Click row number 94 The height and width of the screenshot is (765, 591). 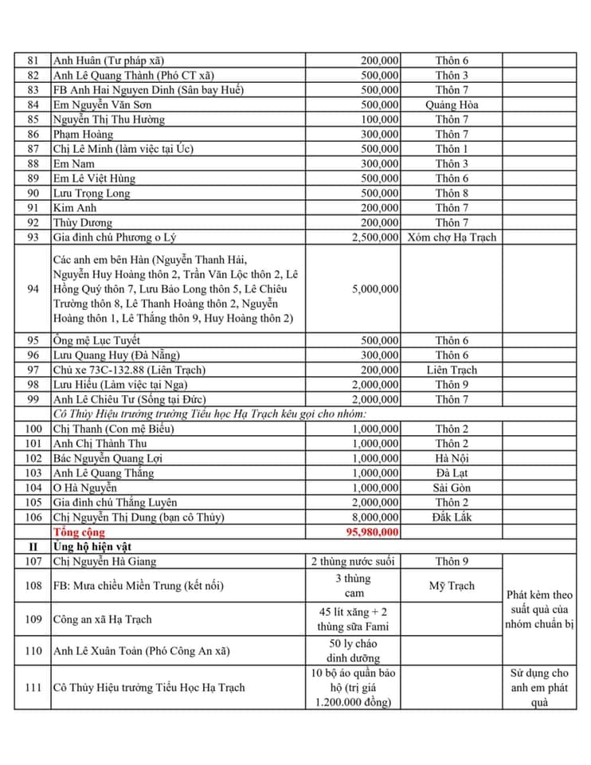pyautogui.click(x=33, y=288)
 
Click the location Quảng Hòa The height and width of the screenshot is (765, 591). pyautogui.click(x=452, y=104)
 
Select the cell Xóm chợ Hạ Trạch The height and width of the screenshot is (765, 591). pyautogui.click(x=452, y=237)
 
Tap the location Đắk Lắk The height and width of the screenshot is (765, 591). pyautogui.click(x=452, y=517)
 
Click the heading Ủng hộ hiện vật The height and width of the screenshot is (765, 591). pyautogui.click(x=96, y=547)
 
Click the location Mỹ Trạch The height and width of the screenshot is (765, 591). pyautogui.click(x=452, y=586)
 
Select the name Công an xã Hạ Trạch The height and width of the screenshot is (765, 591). pyautogui.click(x=102, y=619)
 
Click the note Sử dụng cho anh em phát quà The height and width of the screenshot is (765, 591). pyautogui.click(x=539, y=688)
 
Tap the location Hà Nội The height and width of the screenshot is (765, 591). pyautogui.click(x=452, y=458)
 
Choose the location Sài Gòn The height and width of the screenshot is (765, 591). pyautogui.click(x=452, y=488)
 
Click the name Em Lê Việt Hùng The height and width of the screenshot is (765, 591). pyautogui.click(x=94, y=178)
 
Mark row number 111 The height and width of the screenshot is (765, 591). pyautogui.click(x=33, y=688)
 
